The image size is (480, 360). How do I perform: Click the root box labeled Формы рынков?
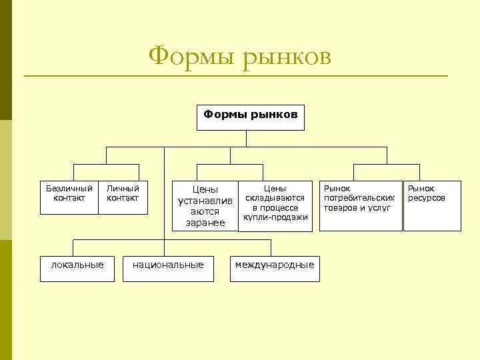[x=251, y=117]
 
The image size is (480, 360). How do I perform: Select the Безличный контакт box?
[x=69, y=197]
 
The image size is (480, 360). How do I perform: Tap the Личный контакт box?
[x=123, y=197]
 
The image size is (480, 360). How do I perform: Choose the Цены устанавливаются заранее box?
[x=205, y=206]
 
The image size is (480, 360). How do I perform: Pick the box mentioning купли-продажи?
[x=275, y=206]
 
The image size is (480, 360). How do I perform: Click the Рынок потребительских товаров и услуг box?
[x=360, y=206]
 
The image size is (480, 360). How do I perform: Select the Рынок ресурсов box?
[x=431, y=206]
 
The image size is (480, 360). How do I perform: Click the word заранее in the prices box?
[x=205, y=223]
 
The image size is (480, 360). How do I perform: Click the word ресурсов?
[x=427, y=198]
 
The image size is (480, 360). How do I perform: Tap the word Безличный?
[x=69, y=189]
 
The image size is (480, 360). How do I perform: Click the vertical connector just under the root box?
[x=246, y=138]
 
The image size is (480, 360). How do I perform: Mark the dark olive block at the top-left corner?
[x=6, y=60]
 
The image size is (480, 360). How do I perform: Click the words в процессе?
[x=275, y=207]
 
